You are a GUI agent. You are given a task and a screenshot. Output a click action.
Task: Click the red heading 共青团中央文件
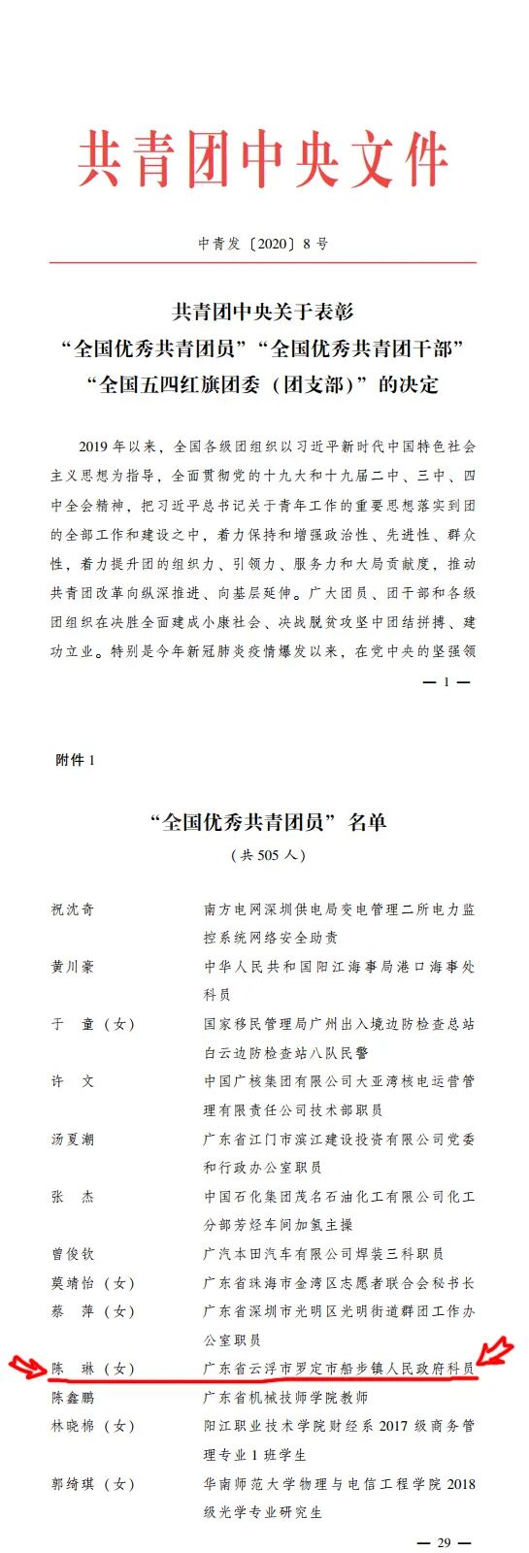(x=263, y=161)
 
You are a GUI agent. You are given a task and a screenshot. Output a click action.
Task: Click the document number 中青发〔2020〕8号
(x=263, y=244)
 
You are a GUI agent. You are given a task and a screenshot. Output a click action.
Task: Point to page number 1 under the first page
(x=446, y=682)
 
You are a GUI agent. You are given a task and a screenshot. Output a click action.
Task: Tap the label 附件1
(x=75, y=760)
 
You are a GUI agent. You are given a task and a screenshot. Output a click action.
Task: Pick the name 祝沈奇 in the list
(x=73, y=909)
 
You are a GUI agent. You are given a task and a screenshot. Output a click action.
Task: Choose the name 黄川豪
(x=73, y=967)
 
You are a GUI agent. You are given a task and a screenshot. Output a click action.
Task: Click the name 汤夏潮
(x=73, y=1140)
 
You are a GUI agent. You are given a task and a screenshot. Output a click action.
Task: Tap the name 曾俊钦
(x=73, y=1254)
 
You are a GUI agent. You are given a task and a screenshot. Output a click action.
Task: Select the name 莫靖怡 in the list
(x=73, y=1283)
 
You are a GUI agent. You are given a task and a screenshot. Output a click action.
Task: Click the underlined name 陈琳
(x=73, y=1369)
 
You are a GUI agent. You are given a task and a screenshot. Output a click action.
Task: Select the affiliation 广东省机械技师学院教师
(x=285, y=1398)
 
